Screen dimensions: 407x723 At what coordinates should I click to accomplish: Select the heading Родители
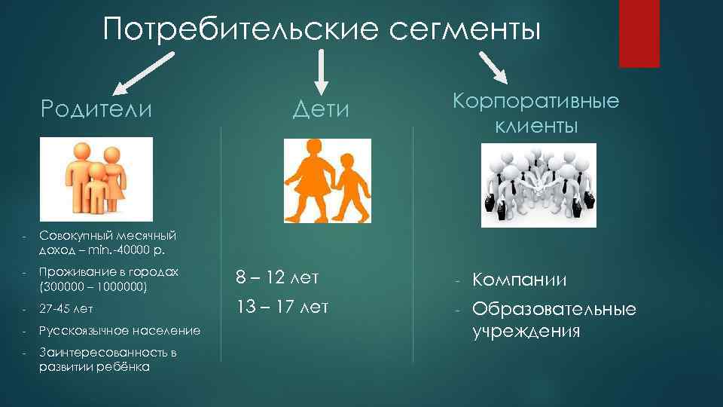pos(97,109)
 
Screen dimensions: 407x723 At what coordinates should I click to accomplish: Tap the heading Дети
pos(322,109)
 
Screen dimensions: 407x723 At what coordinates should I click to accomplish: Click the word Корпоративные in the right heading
pos(536,101)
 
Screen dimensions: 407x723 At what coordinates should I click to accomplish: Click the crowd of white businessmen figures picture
pos(538,185)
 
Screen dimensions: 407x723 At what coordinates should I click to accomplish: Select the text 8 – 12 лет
pos(277,278)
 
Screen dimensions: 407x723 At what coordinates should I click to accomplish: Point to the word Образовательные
pos(554,309)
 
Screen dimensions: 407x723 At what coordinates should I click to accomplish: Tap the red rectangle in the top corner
pos(639,33)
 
